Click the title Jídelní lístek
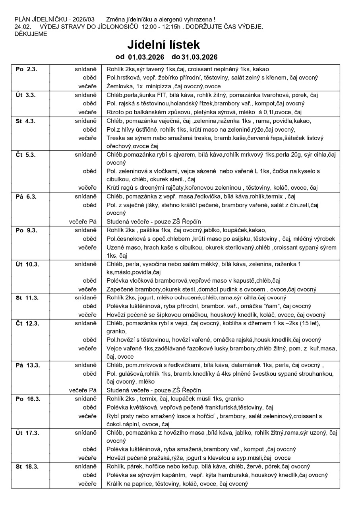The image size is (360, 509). click(164, 45)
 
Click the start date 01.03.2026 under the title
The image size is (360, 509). click(143, 57)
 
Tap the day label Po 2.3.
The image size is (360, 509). click(26, 69)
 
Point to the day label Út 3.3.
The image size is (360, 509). click(26, 95)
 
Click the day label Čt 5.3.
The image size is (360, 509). click(26, 155)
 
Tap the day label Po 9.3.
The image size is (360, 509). click(26, 230)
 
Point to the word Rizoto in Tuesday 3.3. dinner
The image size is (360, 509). click(116, 112)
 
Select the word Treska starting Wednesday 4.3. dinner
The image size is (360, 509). click(116, 138)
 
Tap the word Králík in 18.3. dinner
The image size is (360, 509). click(115, 484)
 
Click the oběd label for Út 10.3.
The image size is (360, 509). click(90, 281)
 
